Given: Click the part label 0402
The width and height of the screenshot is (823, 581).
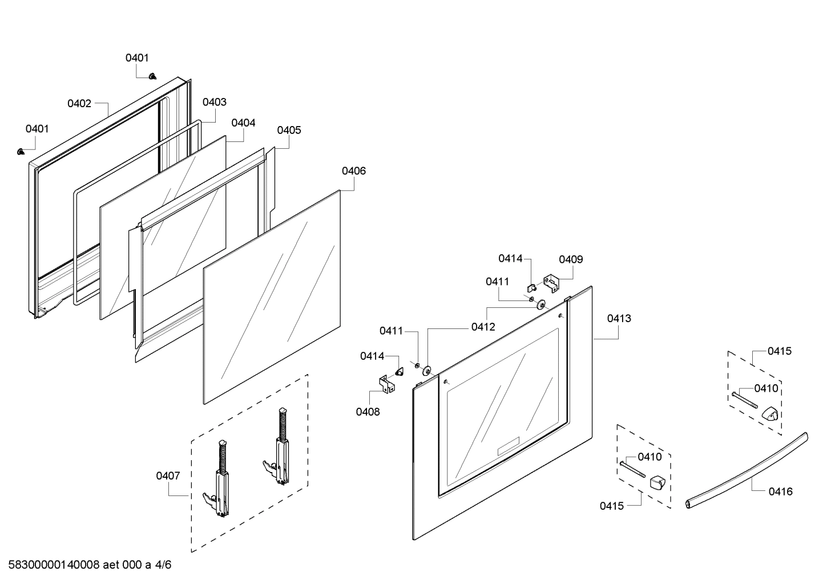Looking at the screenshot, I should point(79,103).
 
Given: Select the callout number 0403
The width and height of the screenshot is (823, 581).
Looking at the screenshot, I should point(214,102).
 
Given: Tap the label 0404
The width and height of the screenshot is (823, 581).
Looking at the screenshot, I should point(243,123).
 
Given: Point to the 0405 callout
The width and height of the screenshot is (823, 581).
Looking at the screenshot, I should point(289,130).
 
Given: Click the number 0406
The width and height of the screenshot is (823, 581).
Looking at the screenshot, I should point(354,170).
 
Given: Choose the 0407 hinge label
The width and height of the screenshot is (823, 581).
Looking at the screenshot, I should point(168,476).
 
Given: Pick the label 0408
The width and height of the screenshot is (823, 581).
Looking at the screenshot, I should point(368,412).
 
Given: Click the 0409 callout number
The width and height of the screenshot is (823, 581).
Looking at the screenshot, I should point(571,259).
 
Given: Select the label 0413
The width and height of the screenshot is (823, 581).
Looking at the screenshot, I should point(619,318).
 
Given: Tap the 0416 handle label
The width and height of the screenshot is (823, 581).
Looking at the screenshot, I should point(780,491).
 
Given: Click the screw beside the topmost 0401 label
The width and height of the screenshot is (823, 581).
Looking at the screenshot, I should point(152,75).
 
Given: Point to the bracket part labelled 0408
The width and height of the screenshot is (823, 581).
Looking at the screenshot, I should point(387,383).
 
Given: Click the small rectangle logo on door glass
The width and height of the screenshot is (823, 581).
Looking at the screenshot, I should point(508,446).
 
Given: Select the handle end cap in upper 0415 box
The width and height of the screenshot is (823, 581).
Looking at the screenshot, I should point(769,413).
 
